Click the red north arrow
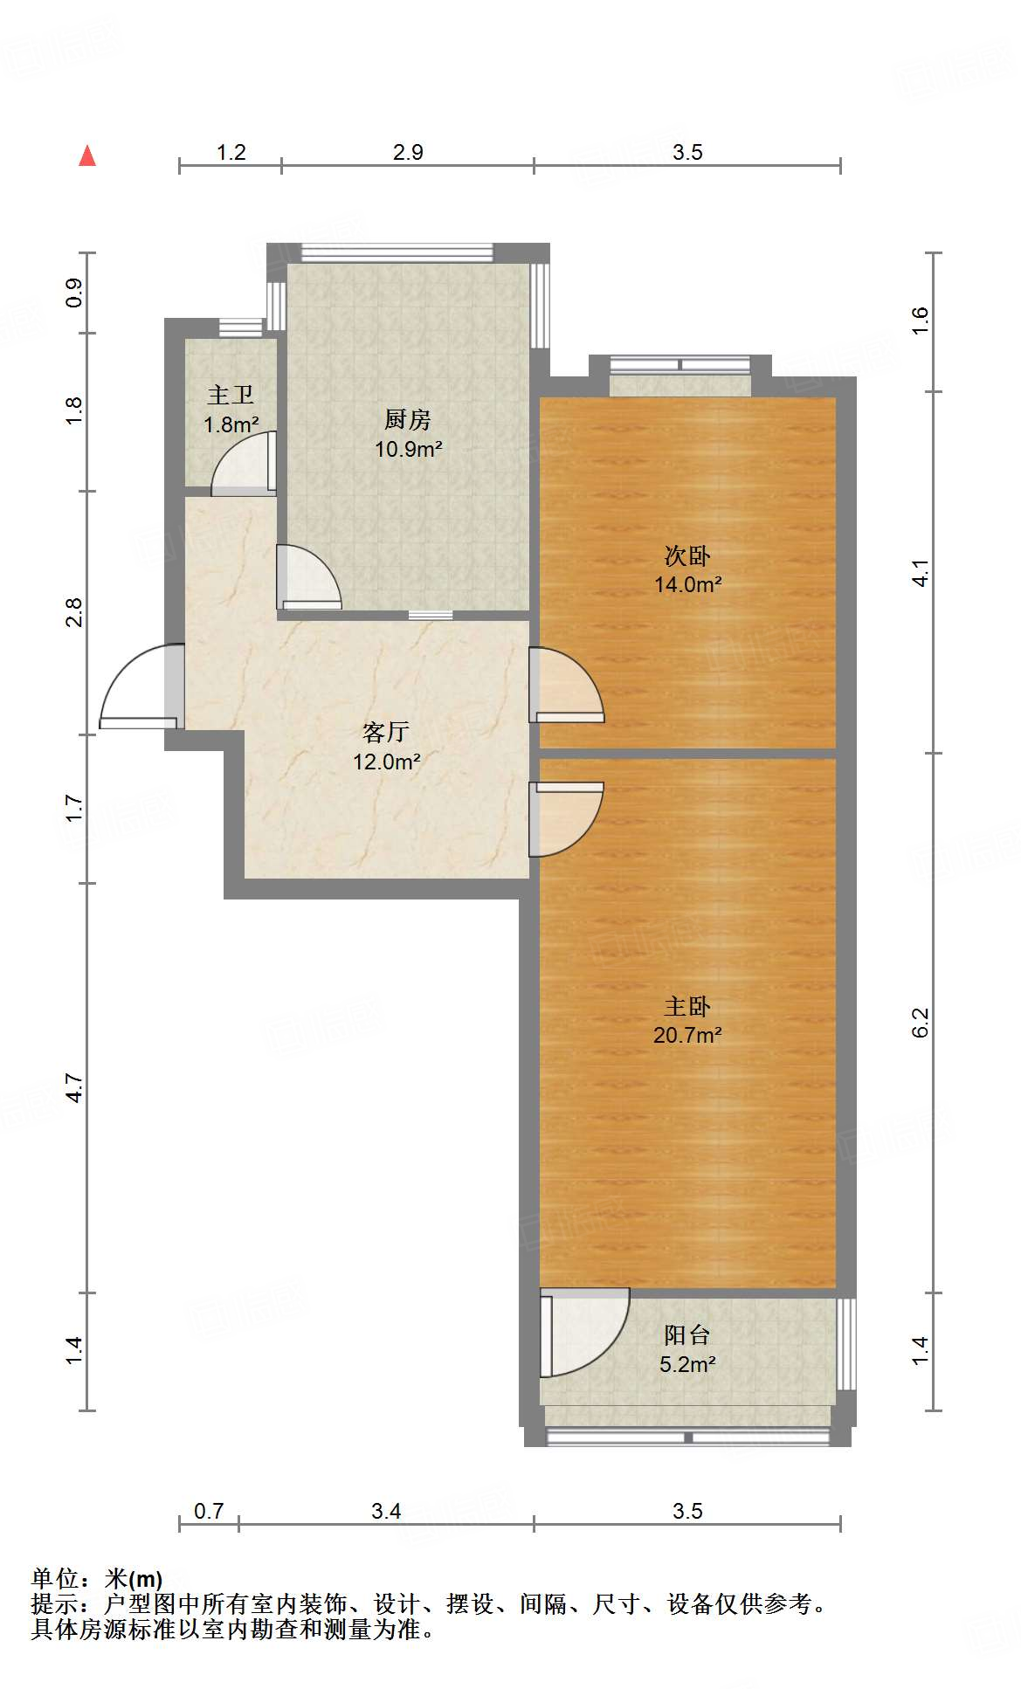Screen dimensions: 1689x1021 87,156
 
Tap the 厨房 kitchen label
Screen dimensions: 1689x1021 408,420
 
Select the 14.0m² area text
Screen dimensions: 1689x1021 688,584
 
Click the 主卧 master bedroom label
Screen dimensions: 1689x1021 687,1007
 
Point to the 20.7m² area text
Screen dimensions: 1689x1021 687,1035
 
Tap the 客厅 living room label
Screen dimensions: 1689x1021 386,732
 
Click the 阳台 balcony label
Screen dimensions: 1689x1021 687,1334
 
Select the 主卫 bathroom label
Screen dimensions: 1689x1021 231,396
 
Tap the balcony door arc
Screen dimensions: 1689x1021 583,1332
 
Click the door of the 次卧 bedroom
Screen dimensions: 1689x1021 567,686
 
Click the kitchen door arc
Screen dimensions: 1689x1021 308,576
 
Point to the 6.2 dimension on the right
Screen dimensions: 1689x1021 921,1022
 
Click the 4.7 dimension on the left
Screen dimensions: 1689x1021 74,1088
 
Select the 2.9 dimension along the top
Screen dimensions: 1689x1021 408,153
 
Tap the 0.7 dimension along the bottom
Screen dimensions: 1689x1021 209,1511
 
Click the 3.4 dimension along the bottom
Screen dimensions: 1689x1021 386,1511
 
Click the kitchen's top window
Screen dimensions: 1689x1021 397,252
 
